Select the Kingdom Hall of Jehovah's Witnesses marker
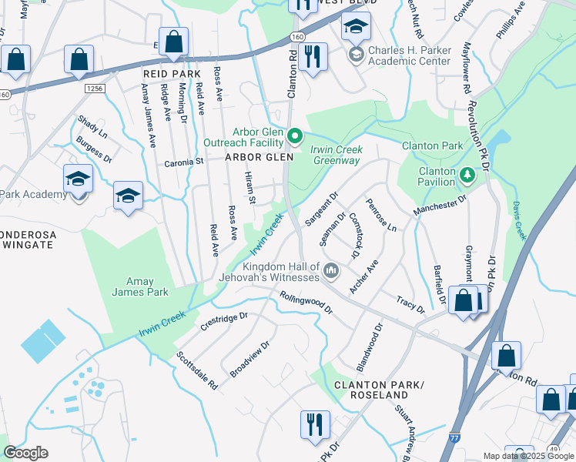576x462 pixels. click(331, 269)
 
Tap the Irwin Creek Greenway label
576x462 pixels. click(335, 155)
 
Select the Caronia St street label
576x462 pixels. click(183, 162)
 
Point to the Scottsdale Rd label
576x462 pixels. click(197, 370)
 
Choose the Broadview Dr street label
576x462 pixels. click(249, 359)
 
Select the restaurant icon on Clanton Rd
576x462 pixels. click(312, 57)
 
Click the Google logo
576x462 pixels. click(25, 453)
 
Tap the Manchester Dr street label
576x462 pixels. click(440, 204)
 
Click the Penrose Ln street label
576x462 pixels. click(380, 216)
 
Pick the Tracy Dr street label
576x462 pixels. click(410, 304)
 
